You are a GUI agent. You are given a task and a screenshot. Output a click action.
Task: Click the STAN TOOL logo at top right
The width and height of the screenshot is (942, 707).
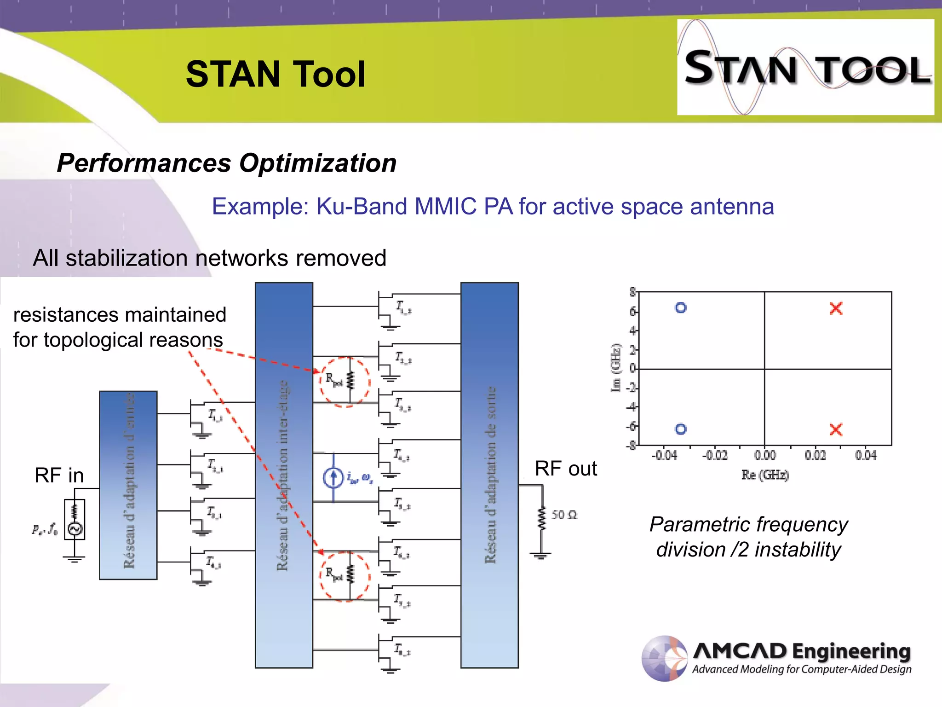pos(805,67)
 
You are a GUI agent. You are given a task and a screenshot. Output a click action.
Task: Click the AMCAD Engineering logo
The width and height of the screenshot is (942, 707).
pos(776,658)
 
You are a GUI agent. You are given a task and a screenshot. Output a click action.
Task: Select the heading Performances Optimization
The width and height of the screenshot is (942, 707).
pos(226,163)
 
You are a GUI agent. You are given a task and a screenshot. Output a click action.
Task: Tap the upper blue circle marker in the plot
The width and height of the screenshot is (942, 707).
pos(681,307)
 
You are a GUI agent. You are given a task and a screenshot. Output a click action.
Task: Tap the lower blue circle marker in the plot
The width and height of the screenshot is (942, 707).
pos(681,429)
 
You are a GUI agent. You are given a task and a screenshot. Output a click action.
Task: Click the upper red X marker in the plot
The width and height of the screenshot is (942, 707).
pos(836,308)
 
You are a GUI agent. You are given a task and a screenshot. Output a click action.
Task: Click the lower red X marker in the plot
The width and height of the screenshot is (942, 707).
pos(836,429)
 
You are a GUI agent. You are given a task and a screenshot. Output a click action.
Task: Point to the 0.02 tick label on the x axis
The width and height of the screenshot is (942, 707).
pos(815,456)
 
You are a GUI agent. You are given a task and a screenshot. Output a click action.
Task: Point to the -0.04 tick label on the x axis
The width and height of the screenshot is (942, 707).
pos(664,456)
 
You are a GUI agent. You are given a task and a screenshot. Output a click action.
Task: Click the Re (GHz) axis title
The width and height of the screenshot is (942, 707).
pos(764,475)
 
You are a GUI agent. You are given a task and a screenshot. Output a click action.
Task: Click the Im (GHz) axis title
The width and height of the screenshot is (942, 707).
pos(615,368)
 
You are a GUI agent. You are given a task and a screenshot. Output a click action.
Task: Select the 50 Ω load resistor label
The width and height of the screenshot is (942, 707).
pos(564,515)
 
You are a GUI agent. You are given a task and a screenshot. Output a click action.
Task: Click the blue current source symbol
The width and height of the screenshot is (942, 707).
pos(333,478)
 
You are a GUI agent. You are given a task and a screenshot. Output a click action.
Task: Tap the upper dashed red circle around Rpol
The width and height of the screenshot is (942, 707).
pos(345,382)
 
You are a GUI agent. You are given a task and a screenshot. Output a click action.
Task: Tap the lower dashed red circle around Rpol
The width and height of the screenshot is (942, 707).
pos(345,576)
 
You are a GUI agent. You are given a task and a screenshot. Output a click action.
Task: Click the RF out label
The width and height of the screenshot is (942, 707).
pos(565,469)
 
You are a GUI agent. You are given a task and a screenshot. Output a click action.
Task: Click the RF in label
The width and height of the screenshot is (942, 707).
pos(59,475)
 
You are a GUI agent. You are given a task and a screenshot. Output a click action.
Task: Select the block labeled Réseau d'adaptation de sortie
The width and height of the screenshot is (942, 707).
pos(489,475)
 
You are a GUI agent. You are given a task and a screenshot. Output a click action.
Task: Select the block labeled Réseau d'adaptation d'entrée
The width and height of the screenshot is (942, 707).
pos(128,485)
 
